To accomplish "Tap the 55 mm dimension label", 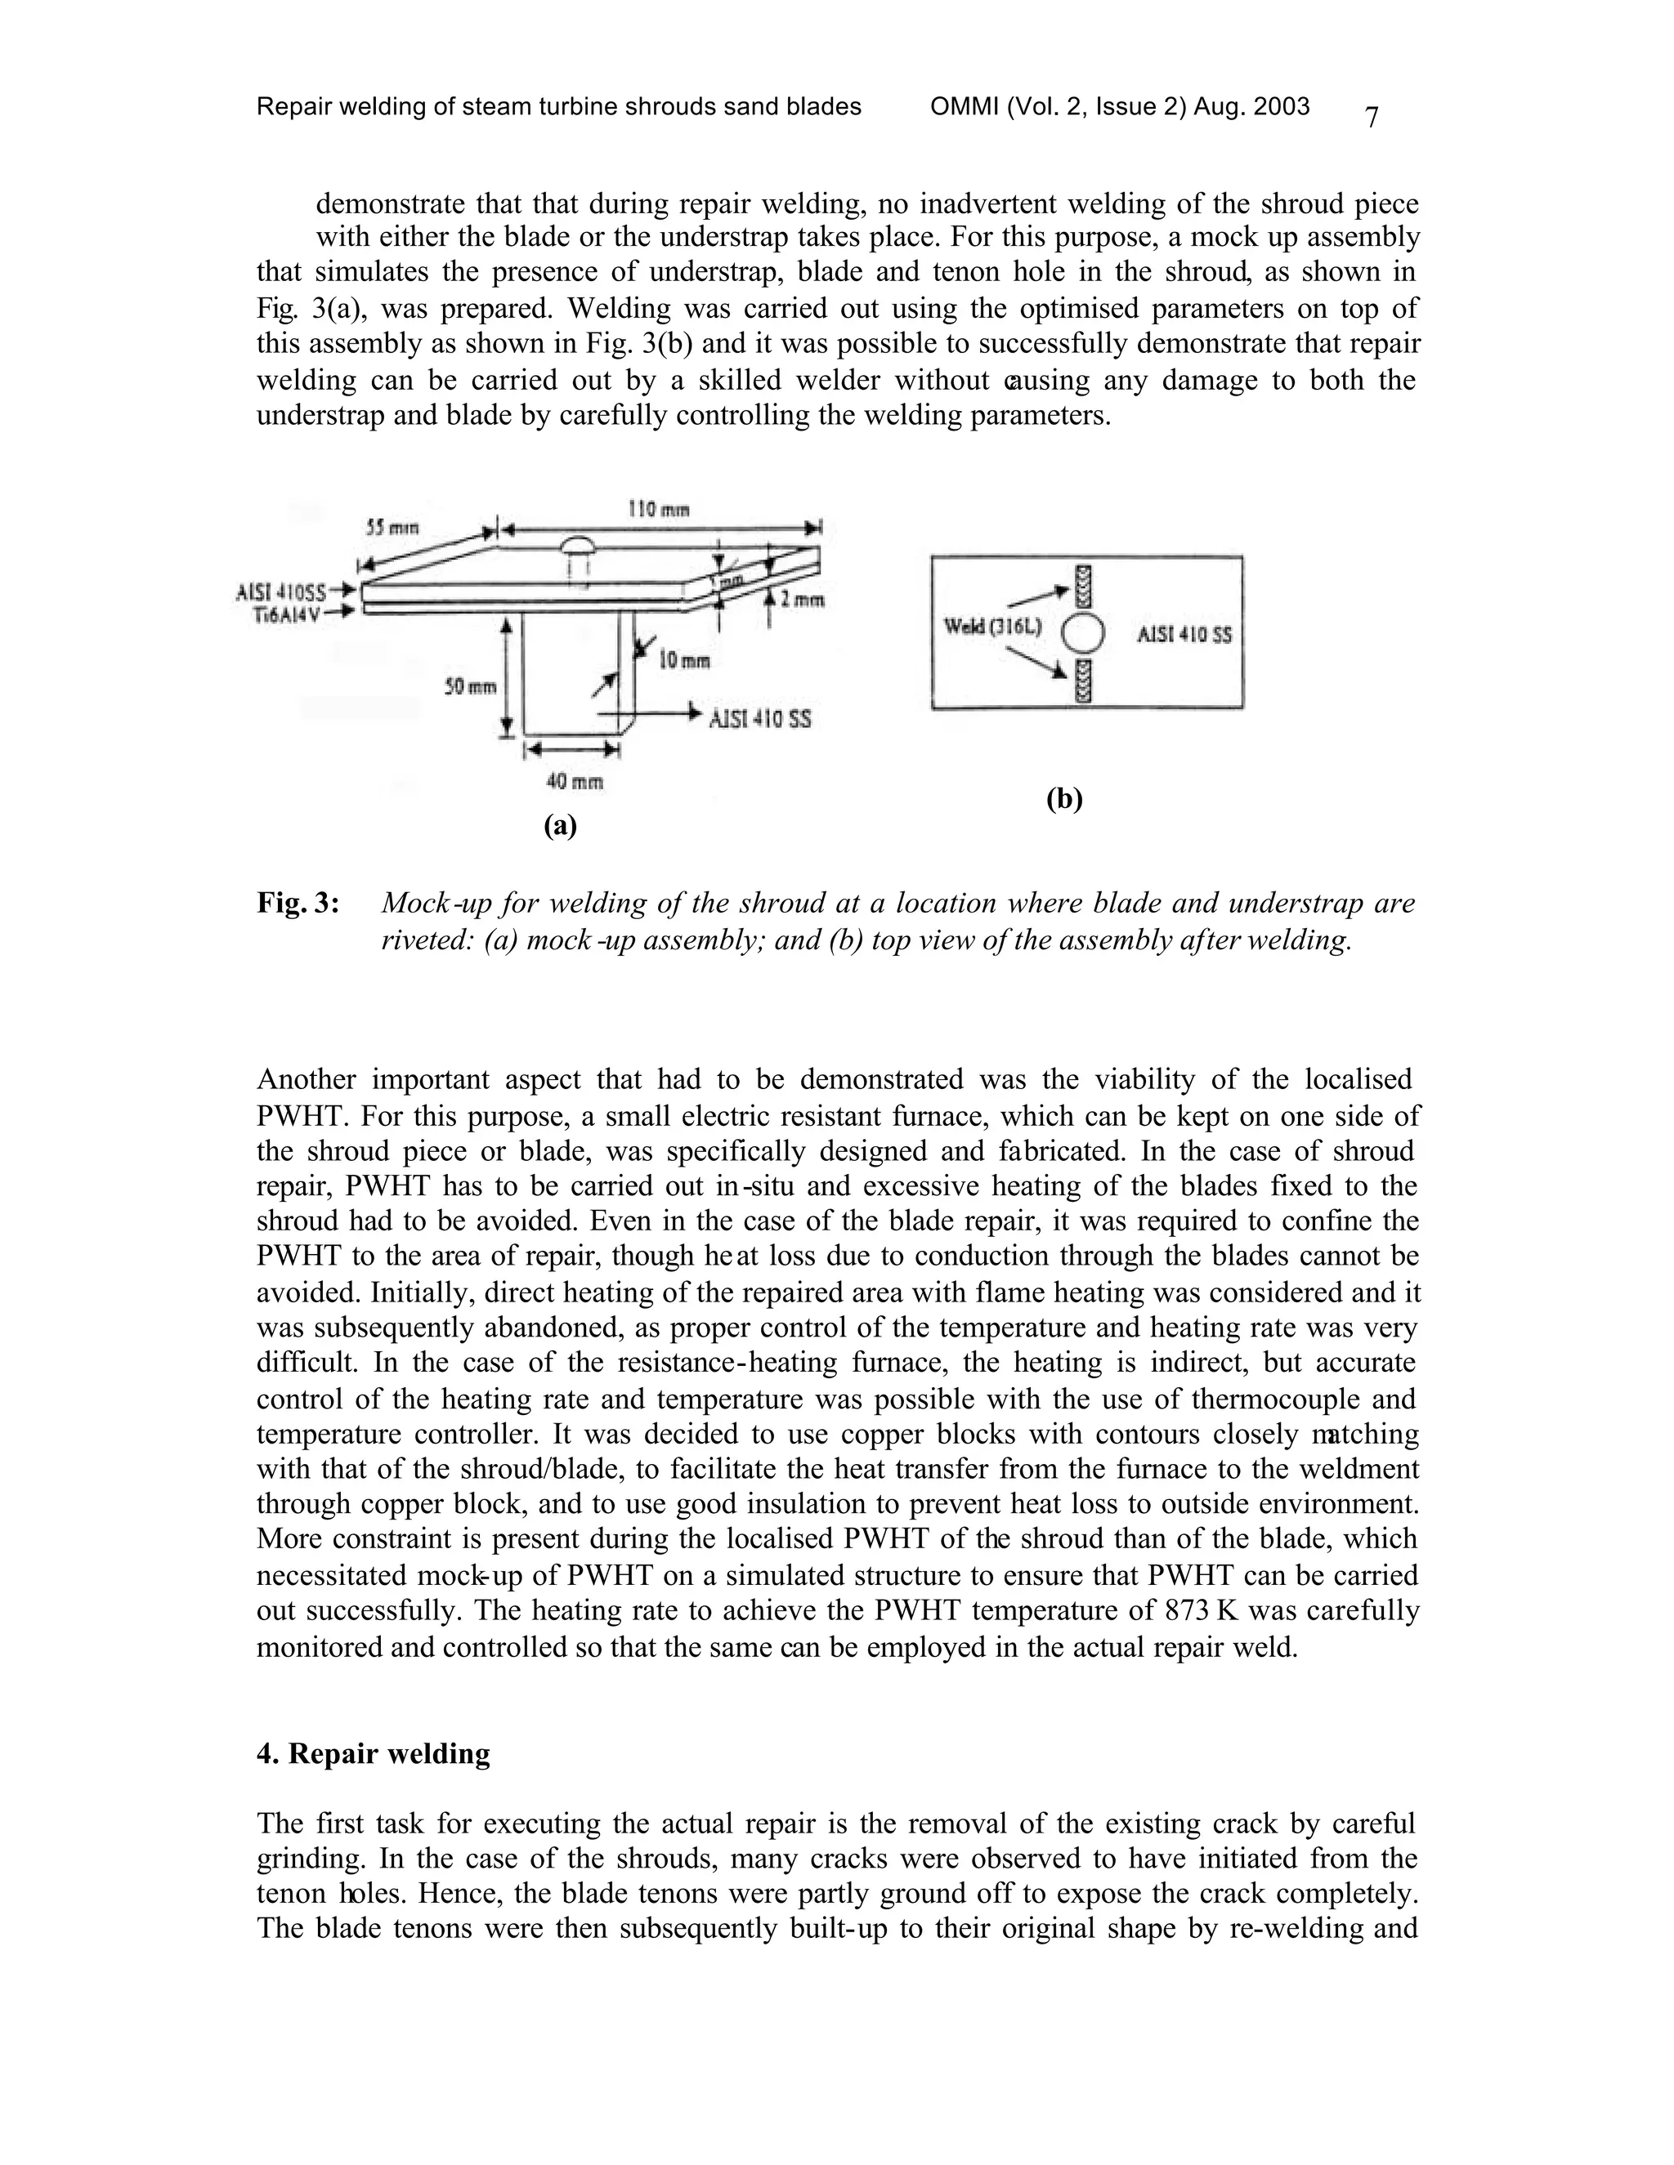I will point(390,529).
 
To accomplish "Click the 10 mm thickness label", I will point(683,660).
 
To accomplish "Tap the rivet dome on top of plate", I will point(577,547).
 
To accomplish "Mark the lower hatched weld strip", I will point(1083,680).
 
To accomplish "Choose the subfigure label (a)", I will point(560,825).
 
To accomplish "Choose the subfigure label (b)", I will point(1064,799).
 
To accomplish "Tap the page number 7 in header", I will point(1372,118).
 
